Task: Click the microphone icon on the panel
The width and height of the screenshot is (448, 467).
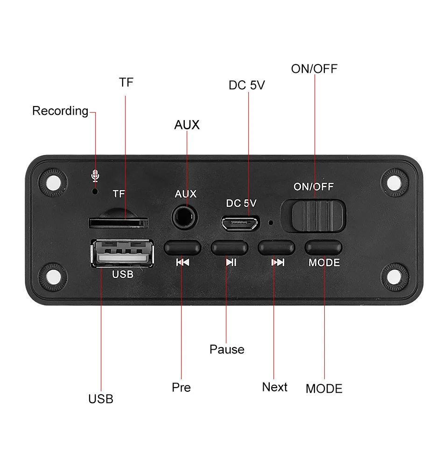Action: pyautogui.click(x=95, y=176)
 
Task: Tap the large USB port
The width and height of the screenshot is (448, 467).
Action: pyautogui.click(x=123, y=254)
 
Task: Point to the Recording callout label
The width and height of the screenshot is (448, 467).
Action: pyautogui.click(x=60, y=111)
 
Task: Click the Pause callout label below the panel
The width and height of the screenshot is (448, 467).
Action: pyautogui.click(x=227, y=349)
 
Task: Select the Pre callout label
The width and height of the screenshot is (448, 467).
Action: pyautogui.click(x=181, y=388)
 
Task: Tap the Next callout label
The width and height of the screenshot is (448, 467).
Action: pyautogui.click(x=274, y=387)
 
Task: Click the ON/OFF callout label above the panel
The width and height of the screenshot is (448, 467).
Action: pyautogui.click(x=314, y=69)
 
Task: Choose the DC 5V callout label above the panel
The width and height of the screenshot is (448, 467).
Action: pyautogui.click(x=247, y=85)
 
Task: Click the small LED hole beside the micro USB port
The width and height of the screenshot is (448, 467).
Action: pyautogui.click(x=271, y=222)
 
